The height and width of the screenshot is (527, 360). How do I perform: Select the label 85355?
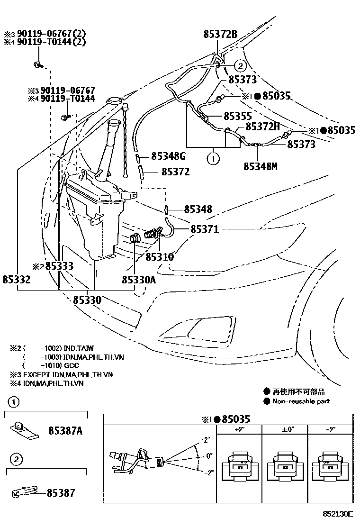tap(237, 116)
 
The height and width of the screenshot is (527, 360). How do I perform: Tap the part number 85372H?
tap(261, 127)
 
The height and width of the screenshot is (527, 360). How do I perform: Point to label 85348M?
tap(260, 166)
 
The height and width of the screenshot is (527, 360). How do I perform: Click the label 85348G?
tap(169, 156)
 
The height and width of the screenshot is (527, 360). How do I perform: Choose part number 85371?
tap(204, 229)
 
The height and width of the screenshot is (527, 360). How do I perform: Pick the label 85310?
tap(160, 257)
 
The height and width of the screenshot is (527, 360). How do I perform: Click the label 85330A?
tap(139, 280)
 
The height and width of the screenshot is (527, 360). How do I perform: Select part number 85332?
tap(17, 280)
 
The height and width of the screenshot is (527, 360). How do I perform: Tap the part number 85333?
tap(59, 266)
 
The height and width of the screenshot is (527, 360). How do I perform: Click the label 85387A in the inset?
tap(65, 431)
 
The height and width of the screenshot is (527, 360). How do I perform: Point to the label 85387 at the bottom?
tap(61, 493)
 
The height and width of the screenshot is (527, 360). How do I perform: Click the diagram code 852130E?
tap(338, 514)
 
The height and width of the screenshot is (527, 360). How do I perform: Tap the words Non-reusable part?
tap(301, 401)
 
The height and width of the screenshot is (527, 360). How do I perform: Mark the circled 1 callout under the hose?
tap(214, 159)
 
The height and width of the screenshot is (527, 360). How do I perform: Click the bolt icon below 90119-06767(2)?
tap(37, 64)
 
